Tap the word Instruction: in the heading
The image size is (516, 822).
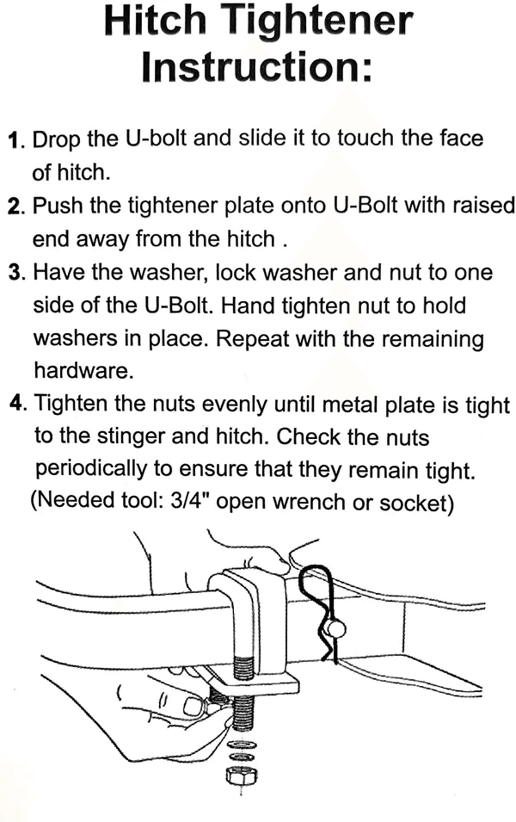coord(257,66)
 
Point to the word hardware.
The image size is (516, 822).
coord(83,371)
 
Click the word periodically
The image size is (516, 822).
coord(91,469)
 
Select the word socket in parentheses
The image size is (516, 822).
coord(416,502)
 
